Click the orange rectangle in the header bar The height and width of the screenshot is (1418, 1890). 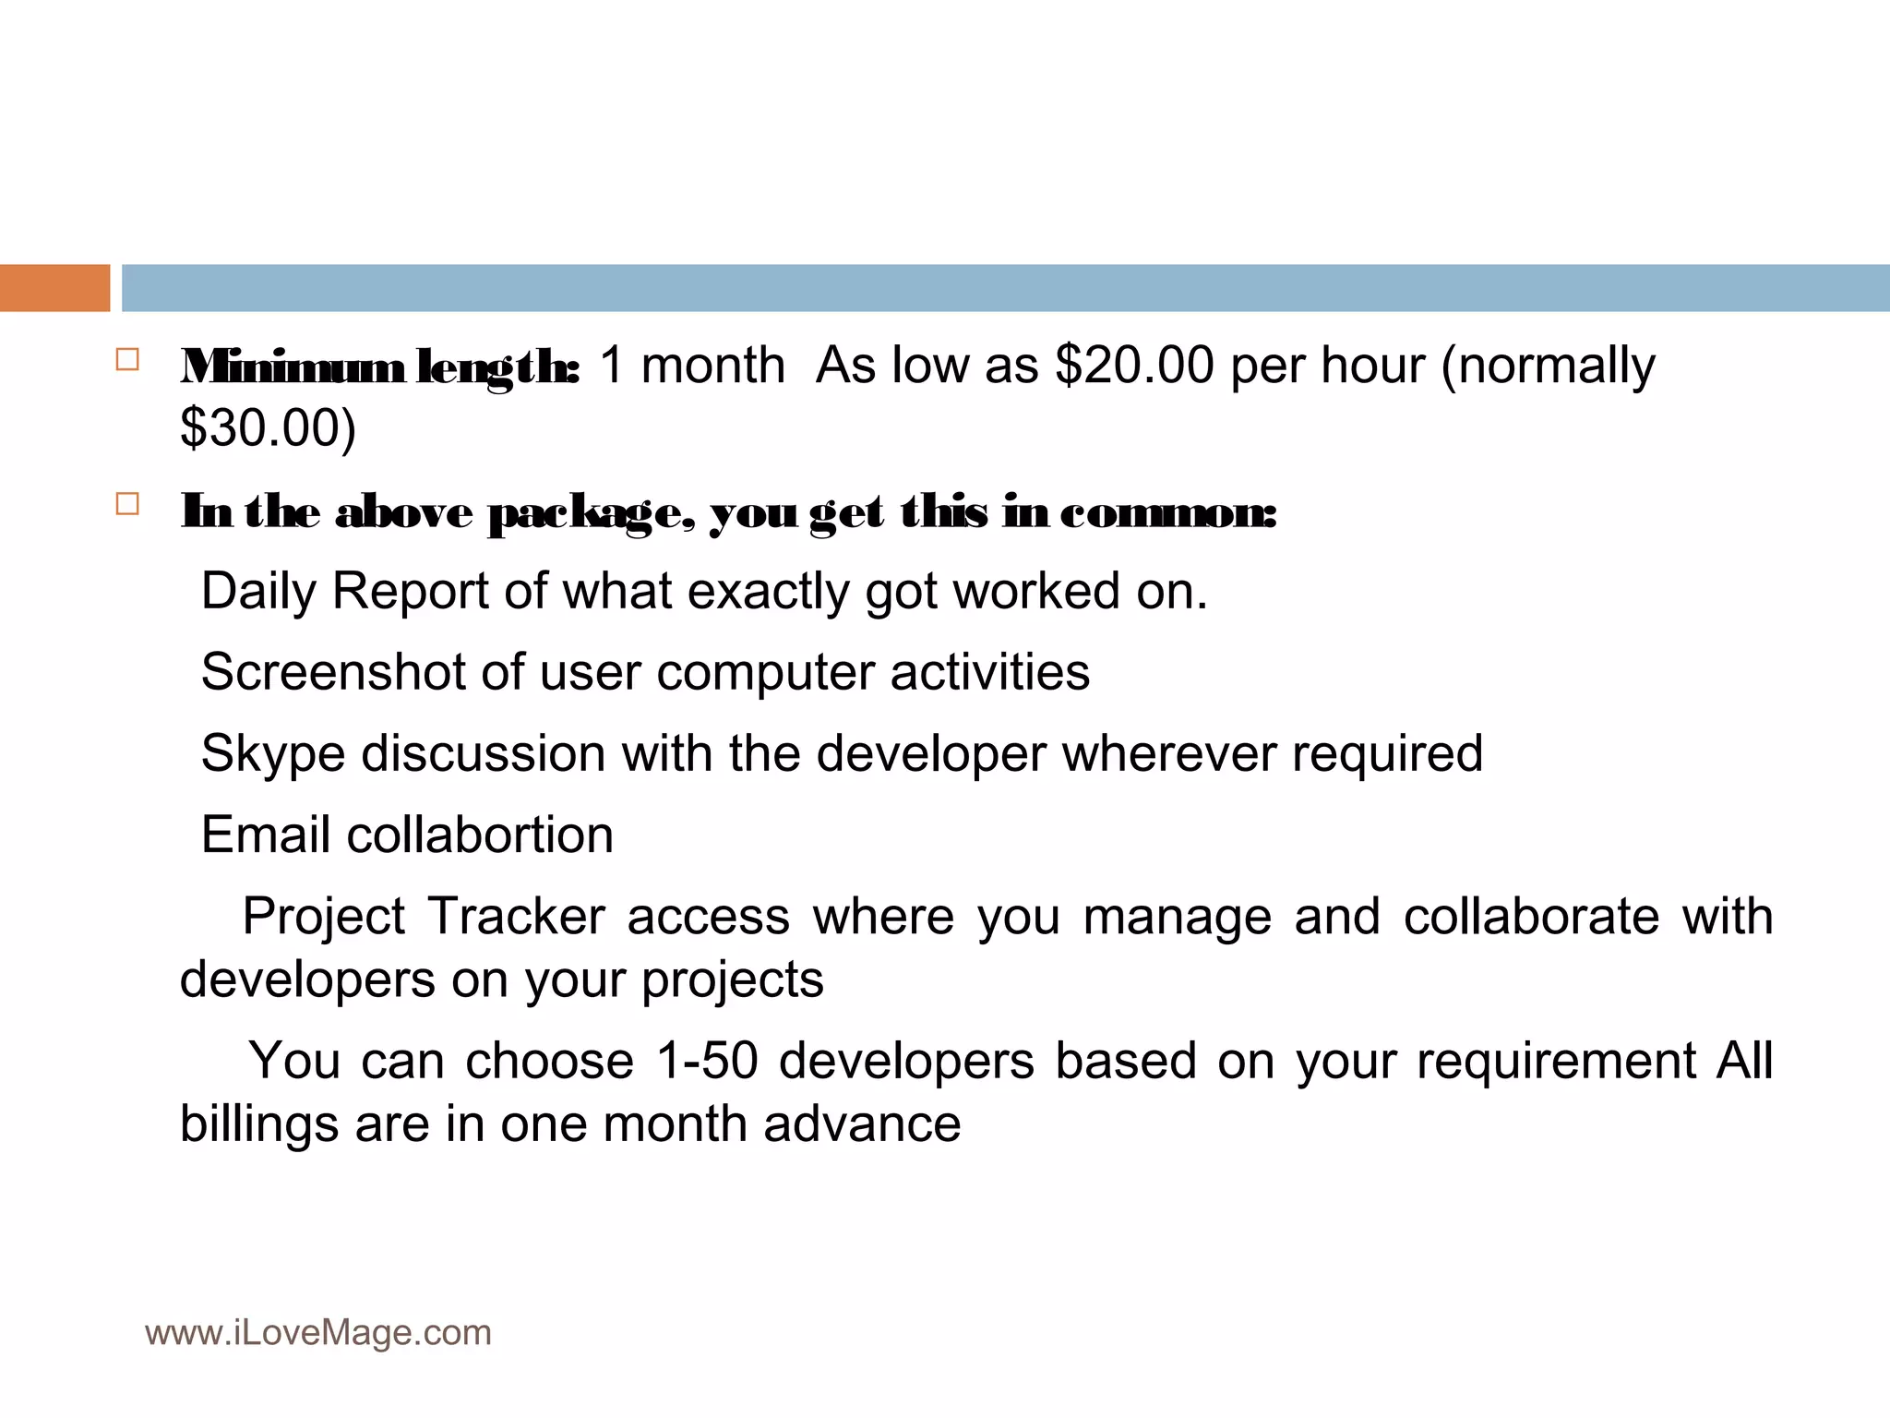[x=54, y=288]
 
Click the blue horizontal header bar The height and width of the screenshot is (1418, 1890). [x=1005, y=288]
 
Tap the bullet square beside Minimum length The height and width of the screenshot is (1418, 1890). [x=127, y=359]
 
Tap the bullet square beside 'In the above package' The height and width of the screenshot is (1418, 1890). [x=127, y=504]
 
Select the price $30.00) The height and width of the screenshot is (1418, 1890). [x=268, y=428]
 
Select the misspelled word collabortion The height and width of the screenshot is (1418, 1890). [x=480, y=835]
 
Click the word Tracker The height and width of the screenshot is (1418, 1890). [x=516, y=917]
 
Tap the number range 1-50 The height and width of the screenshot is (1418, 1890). [x=706, y=1061]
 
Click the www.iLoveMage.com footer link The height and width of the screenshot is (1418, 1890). [x=318, y=1333]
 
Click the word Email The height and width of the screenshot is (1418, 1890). [x=265, y=835]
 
